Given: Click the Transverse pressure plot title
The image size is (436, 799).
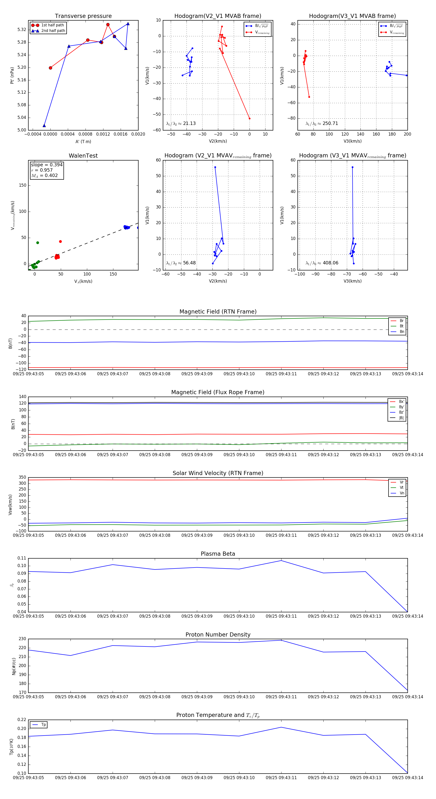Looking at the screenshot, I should [x=83, y=16].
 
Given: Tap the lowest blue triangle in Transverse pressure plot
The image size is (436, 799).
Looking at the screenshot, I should [x=44, y=126].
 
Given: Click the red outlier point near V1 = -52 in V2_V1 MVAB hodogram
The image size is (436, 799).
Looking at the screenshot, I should [x=249, y=118].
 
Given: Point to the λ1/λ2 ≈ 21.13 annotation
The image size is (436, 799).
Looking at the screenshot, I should [x=181, y=123].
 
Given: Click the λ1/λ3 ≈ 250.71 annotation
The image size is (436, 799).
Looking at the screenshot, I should [x=322, y=123].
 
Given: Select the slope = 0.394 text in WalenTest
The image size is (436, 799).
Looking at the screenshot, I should [x=47, y=165].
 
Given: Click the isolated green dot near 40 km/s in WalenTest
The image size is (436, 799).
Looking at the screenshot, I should [x=38, y=243].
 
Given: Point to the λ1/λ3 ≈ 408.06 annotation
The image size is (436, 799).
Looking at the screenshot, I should [x=322, y=263].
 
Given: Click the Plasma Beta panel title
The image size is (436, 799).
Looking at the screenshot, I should [x=218, y=554].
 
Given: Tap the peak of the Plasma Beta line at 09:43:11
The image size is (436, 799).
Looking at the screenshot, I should [x=281, y=561].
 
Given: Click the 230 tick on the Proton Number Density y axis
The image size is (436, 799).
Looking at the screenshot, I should [x=22, y=639].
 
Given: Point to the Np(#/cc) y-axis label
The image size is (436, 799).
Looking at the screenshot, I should [x=14, y=666].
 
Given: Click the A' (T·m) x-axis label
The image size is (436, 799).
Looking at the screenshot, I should [x=83, y=141].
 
